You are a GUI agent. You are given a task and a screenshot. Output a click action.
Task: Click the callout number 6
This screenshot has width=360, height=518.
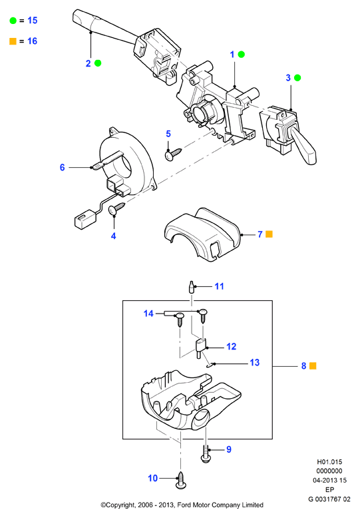coord(62,168)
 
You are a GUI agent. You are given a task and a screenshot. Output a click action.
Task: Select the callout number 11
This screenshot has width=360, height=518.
coord(220,286)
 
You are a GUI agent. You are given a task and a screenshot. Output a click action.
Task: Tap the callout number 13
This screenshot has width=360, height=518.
coord(255,362)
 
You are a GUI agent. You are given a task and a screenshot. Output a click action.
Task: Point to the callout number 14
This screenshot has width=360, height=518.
coord(148,314)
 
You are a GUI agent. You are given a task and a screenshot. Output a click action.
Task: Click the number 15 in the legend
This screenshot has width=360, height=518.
coord(33,21)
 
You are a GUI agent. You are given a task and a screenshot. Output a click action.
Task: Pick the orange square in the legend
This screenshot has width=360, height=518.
coord(13,41)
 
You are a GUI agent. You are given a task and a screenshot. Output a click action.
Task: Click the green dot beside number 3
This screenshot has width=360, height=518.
coord(297,78)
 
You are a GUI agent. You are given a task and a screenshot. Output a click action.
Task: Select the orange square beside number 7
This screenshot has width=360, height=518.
coord(270,234)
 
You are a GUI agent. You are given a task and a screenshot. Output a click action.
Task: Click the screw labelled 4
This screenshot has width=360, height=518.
coord(117,208)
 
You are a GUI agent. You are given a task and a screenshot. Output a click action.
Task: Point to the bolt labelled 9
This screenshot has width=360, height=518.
coord(206,454)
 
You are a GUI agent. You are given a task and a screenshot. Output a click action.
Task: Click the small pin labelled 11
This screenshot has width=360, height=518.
coord(191,287)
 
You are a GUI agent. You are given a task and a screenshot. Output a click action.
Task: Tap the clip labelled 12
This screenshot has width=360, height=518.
coord(200,348)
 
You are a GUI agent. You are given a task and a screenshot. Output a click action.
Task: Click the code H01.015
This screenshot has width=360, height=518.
coord(329,462)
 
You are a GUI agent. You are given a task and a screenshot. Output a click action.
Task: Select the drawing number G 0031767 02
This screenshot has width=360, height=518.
coord(329,499)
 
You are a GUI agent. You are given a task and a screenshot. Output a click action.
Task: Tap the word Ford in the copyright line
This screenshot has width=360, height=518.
coord(185,505)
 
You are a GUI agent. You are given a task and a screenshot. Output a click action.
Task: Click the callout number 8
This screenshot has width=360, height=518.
coord(304,366)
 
